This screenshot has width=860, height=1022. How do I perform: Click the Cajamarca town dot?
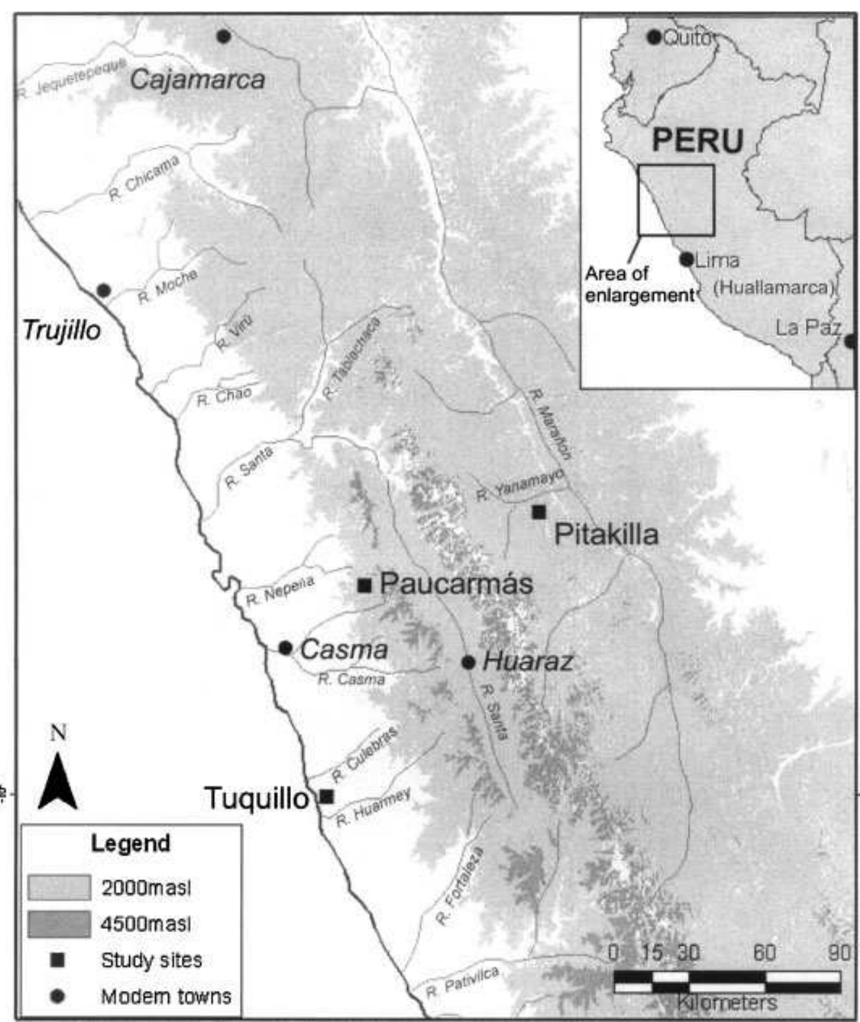pos(224,36)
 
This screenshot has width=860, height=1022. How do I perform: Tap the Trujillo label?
pos(62,330)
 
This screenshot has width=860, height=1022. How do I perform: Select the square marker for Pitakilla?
pos(539,512)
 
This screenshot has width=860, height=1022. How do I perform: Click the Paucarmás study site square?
pos(365,585)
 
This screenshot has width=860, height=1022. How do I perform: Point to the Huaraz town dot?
pos(469,663)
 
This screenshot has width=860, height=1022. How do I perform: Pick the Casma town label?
pos(344,650)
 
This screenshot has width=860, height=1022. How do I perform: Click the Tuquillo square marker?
pos(327,797)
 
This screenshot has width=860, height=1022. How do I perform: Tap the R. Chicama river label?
pos(144,179)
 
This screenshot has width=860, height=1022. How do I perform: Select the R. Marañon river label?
pos(550,423)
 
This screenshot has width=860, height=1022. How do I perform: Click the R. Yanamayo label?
pos(521,486)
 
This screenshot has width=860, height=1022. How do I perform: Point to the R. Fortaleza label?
pos(459,886)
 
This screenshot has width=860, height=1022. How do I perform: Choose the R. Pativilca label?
pos(463,983)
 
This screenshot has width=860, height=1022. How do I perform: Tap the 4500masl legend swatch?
pos(59,924)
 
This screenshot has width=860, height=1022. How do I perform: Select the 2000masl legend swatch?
pos(59,888)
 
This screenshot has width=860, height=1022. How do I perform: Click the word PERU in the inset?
pos(698,141)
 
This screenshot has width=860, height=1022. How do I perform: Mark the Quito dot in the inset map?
pos(654,37)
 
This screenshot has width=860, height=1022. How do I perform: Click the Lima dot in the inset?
pos(687,260)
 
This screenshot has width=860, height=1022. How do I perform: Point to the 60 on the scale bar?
pos(764,953)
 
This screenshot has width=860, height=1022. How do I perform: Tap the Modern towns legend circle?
pos(58,996)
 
